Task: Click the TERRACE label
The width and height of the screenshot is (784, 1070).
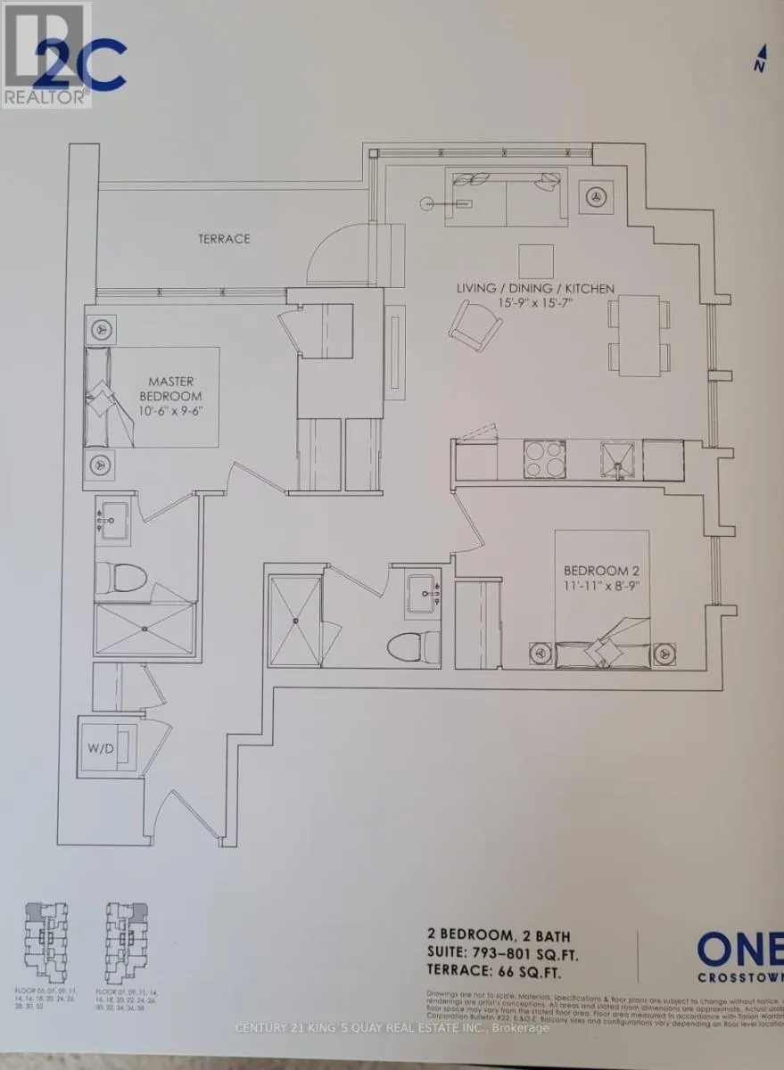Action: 224,239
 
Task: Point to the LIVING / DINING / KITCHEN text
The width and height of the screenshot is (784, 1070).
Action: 535,288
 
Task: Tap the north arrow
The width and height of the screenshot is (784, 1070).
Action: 760,62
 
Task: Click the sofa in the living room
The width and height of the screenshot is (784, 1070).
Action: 506,196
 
